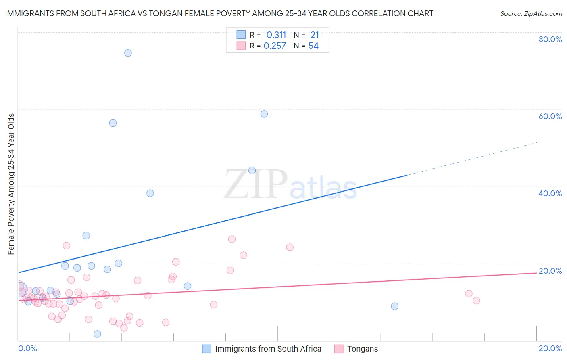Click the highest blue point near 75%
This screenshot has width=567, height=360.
[x=128, y=53]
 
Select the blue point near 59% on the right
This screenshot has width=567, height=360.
[x=264, y=114]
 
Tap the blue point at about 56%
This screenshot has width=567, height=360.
[x=113, y=123]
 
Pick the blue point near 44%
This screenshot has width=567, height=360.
[x=252, y=170]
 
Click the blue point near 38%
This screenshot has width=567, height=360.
[x=150, y=193]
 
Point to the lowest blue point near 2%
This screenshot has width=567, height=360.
[x=97, y=334]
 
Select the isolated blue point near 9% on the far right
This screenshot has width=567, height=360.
[x=394, y=306]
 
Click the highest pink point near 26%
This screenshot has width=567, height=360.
[x=232, y=239]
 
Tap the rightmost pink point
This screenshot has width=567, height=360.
[x=476, y=300]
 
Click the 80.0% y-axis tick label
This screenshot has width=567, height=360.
[x=550, y=39]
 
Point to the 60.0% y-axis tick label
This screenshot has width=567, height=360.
[x=550, y=116]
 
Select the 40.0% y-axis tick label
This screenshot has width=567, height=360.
[x=550, y=193]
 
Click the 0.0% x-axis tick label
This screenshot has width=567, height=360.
[x=27, y=348]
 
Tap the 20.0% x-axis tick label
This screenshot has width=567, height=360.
[x=550, y=348]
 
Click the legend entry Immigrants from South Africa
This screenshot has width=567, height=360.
[x=268, y=349]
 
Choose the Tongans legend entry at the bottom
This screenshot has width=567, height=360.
[x=363, y=349]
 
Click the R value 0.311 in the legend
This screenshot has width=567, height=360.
[x=276, y=35]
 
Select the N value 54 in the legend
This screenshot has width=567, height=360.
[x=313, y=46]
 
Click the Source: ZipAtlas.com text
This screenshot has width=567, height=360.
[x=531, y=14]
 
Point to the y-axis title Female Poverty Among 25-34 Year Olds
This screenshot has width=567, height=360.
[x=11, y=184]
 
